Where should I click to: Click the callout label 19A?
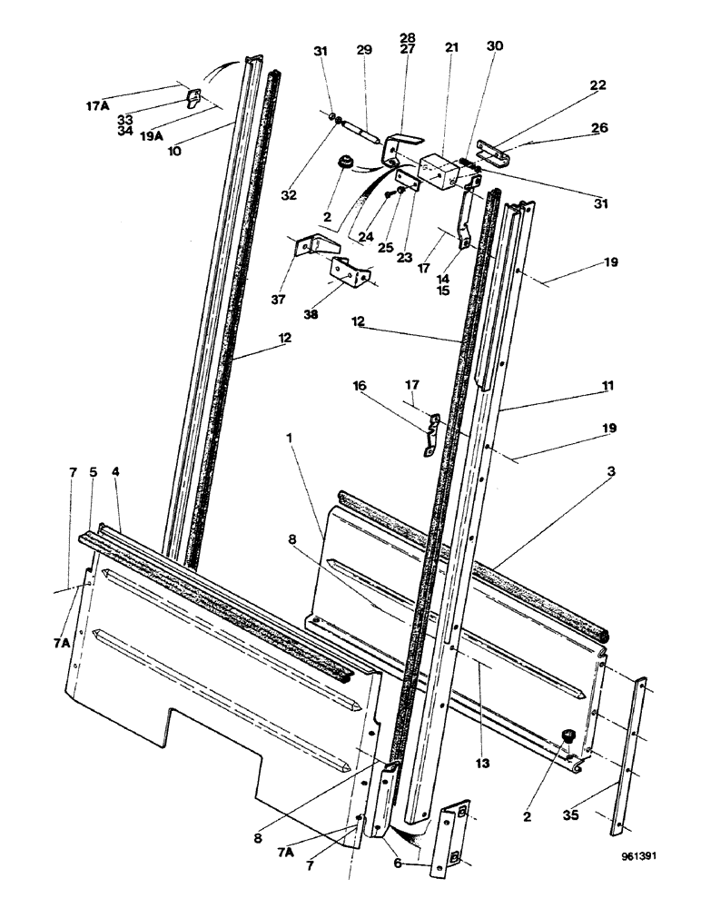[152, 137]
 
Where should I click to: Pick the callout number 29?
[364, 50]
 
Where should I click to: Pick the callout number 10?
[173, 151]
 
